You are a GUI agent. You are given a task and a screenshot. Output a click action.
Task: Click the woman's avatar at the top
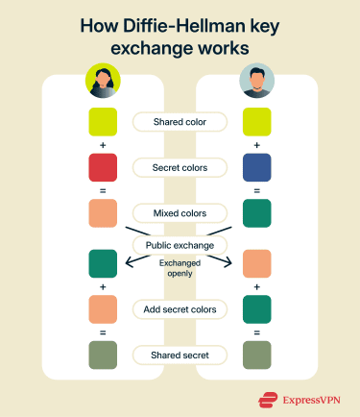[x=103, y=80]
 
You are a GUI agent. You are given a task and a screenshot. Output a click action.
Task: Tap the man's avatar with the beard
[x=256, y=80]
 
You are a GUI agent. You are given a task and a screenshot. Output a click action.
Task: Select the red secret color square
[x=103, y=167]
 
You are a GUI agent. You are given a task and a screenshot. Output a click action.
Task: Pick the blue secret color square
[x=256, y=167]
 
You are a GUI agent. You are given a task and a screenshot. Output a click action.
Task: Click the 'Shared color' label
[x=180, y=122]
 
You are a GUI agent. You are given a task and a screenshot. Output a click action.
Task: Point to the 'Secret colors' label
[x=180, y=167]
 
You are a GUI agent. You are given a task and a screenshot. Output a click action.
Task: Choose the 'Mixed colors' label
[x=180, y=212]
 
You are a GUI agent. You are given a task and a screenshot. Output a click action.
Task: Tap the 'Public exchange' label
[x=180, y=245]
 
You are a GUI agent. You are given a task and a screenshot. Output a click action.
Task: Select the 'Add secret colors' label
[x=180, y=308]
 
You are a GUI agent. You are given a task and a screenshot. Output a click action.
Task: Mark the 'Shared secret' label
[x=180, y=355]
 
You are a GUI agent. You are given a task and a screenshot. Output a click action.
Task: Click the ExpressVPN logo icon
[x=268, y=400]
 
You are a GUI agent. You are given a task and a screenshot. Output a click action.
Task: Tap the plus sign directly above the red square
[x=103, y=145]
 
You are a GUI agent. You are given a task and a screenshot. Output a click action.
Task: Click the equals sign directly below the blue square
[x=256, y=190]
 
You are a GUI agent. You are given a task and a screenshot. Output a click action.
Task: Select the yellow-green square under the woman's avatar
[x=103, y=122]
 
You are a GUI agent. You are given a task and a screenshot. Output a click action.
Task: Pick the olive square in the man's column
[x=256, y=355]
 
